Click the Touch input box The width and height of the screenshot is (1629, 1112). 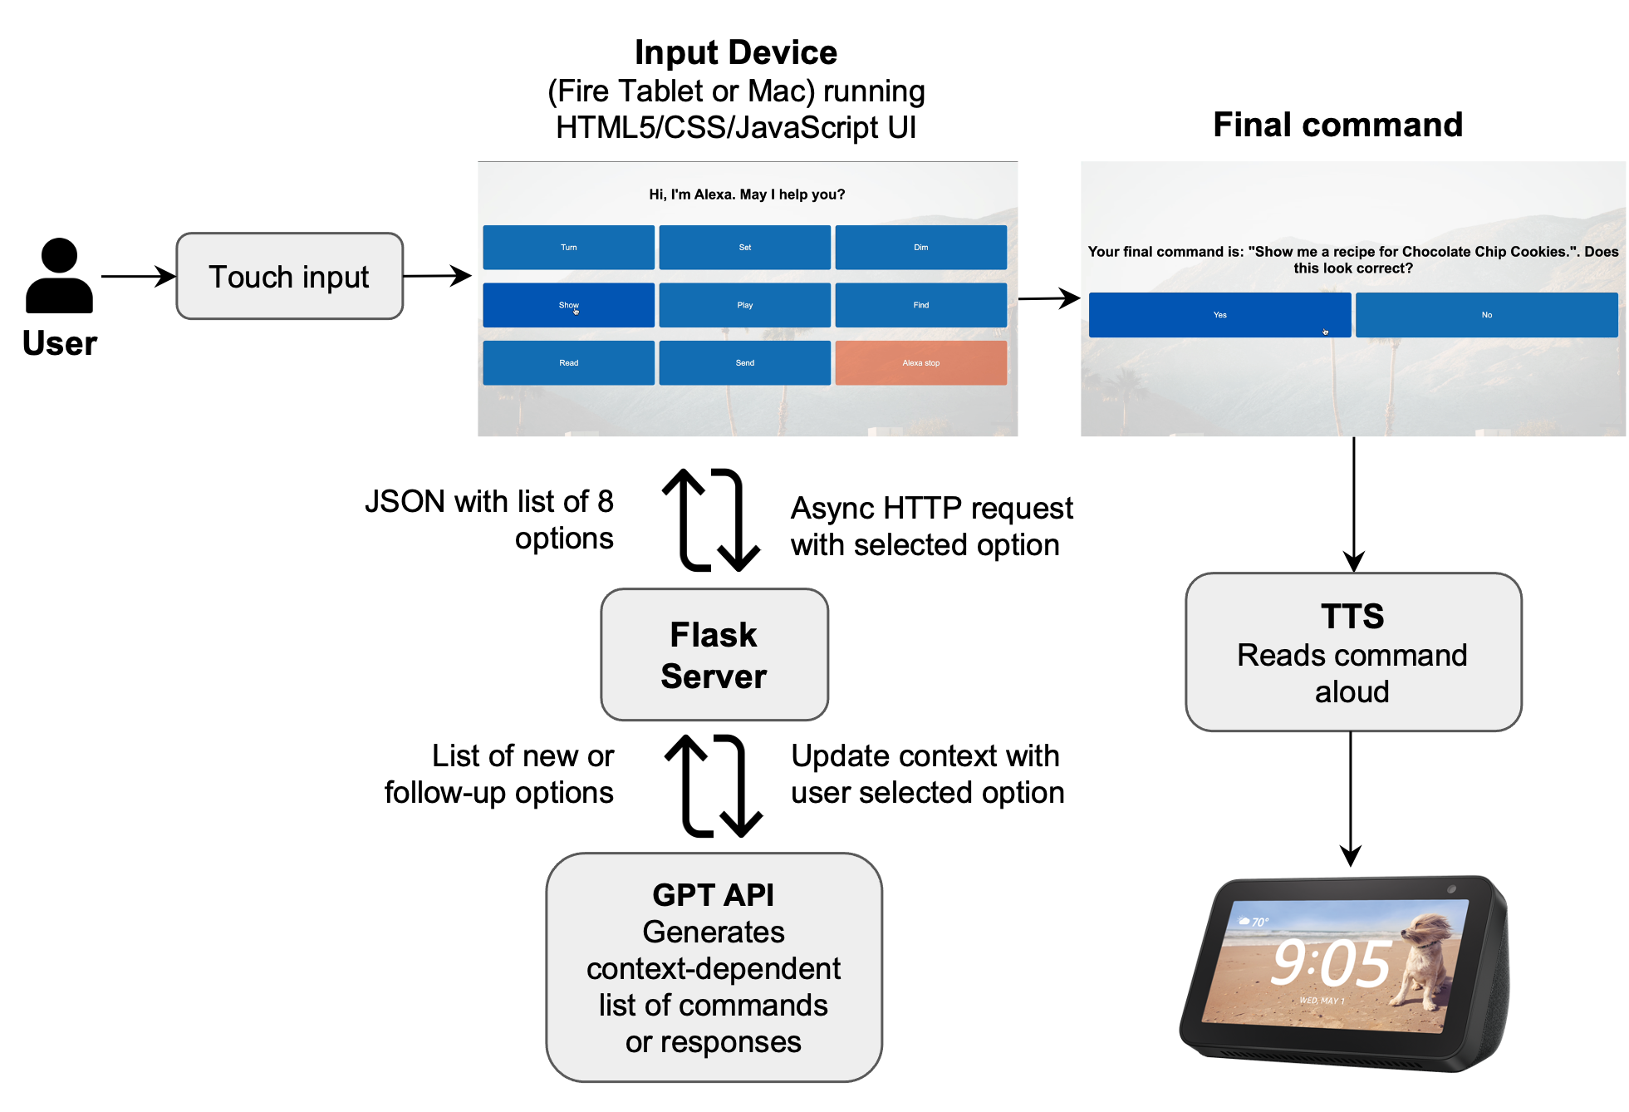(x=289, y=277)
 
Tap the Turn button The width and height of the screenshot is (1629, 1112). (x=568, y=247)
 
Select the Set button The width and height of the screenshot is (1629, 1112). (x=744, y=247)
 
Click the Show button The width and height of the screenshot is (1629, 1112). (x=568, y=305)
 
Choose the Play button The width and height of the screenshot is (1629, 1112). (x=744, y=305)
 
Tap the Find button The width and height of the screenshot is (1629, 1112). (x=920, y=305)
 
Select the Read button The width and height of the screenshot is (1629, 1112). (x=568, y=362)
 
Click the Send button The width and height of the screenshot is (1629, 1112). (x=744, y=362)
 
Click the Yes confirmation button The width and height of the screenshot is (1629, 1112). (x=1219, y=315)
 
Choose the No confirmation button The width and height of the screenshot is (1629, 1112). (x=1486, y=315)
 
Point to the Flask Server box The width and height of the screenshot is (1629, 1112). (x=714, y=655)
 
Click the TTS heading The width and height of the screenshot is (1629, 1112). (x=1352, y=617)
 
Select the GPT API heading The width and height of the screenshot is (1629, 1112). (x=713, y=895)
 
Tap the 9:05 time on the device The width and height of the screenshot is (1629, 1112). (x=1331, y=964)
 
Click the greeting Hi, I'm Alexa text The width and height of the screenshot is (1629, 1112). (x=746, y=194)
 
